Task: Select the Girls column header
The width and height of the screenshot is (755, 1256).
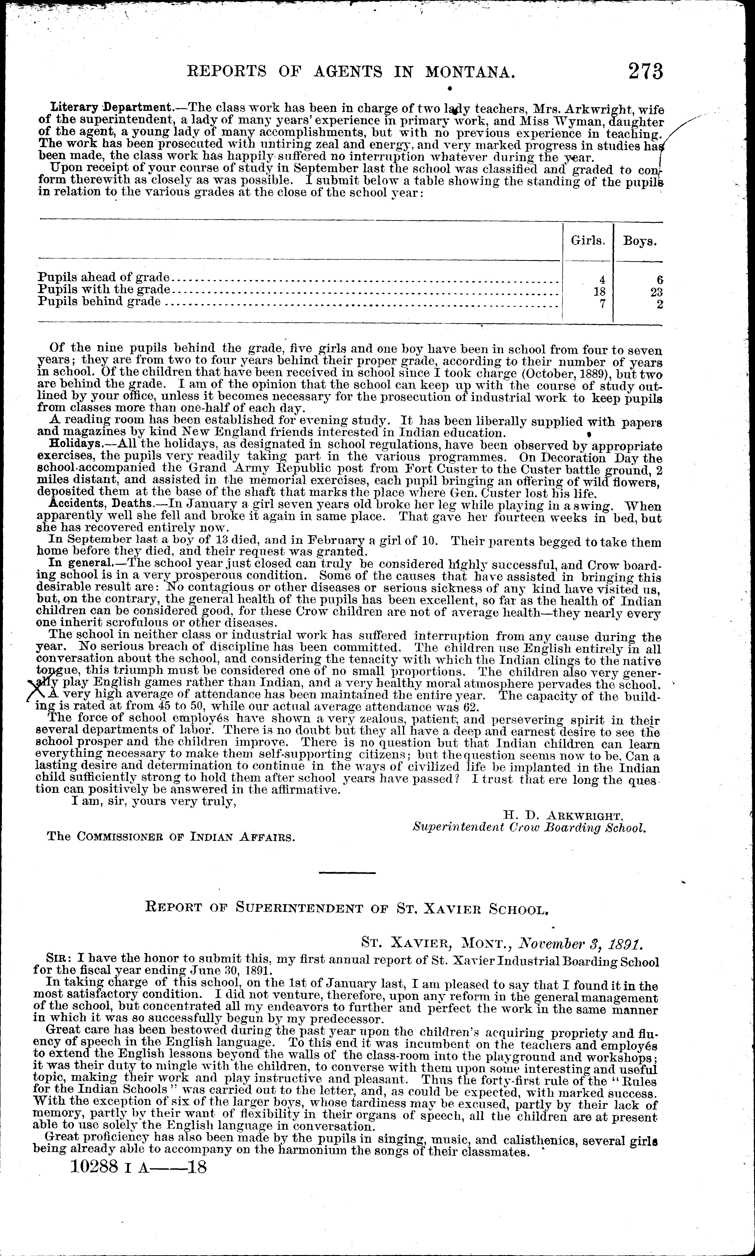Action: [588, 241]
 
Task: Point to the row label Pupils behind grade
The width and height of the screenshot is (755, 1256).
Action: [100, 302]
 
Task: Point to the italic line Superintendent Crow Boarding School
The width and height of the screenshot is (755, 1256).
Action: [529, 828]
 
